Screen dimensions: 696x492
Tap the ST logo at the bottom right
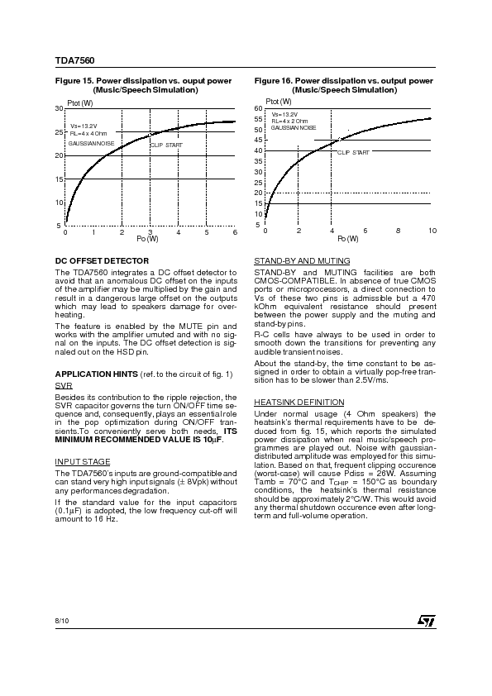tap(423, 619)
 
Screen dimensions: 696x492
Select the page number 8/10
tap(62, 618)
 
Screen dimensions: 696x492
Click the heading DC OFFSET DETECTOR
tap(102, 260)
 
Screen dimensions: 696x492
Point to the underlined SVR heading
tap(62, 385)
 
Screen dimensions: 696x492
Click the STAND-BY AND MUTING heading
tap(302, 260)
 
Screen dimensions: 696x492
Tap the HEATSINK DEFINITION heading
tap(299, 402)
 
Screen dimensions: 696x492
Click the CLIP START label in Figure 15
tap(166, 145)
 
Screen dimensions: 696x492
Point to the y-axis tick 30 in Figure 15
tap(59, 108)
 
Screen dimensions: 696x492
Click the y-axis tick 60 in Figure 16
tap(258, 108)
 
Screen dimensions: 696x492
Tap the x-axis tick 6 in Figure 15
tap(236, 231)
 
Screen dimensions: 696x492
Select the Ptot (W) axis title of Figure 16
tap(279, 101)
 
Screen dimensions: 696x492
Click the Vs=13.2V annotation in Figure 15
tap(83, 126)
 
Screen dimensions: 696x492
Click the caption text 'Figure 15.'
tap(73, 81)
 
